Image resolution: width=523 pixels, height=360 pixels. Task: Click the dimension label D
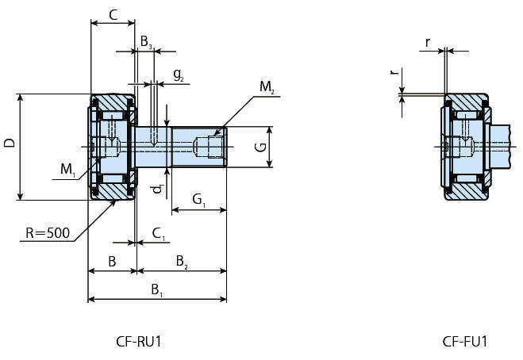coord(9,144)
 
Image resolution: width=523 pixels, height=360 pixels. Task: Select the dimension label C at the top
coord(113,14)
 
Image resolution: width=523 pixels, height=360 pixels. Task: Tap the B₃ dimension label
coord(146,40)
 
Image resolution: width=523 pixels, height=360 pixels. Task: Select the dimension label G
coord(259,147)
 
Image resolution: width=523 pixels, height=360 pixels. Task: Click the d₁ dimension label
coord(158,188)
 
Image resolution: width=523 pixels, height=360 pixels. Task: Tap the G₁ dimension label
coord(198,199)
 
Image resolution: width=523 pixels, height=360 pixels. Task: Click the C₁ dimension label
coord(159,233)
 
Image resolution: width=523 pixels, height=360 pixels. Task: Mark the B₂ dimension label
coord(182,260)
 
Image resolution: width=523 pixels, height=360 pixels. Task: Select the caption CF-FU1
coord(465,342)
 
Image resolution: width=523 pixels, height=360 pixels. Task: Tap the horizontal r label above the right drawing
coord(428,41)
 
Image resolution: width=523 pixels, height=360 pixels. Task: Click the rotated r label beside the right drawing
coord(392,72)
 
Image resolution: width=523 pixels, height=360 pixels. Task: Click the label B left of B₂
coord(112,260)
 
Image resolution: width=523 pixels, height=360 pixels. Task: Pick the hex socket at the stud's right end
coord(213,147)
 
